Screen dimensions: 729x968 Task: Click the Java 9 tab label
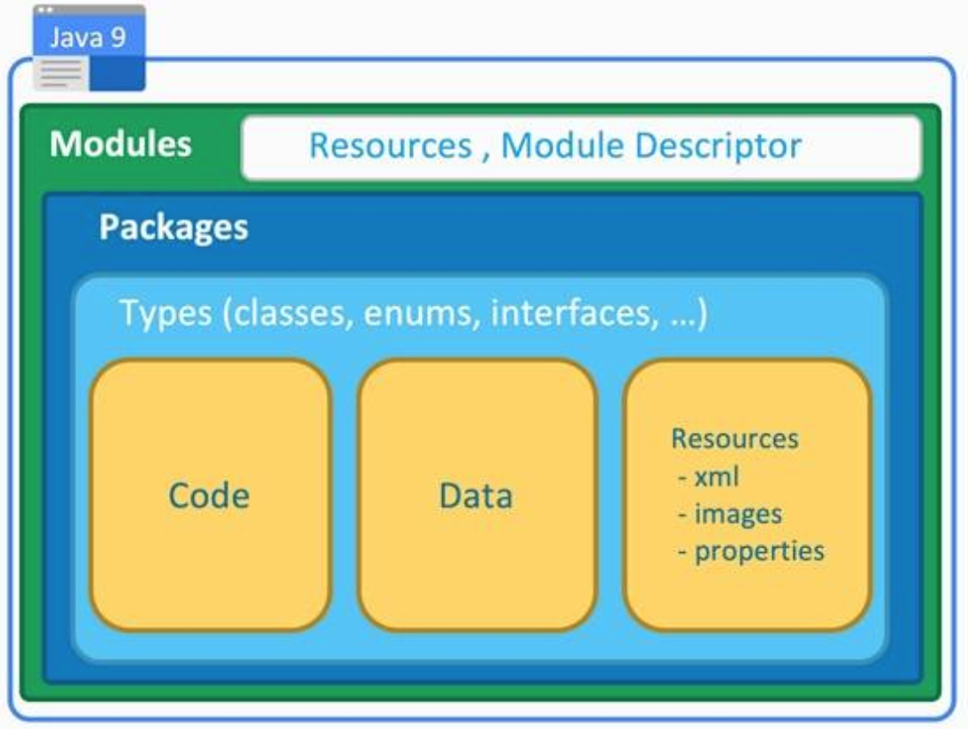pos(88,36)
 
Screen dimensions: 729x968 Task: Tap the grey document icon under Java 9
pos(60,74)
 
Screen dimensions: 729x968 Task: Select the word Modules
pos(120,144)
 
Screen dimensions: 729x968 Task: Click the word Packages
pos(173,228)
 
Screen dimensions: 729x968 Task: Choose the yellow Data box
pos(477,551)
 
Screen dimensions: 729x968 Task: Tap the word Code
pos(209,495)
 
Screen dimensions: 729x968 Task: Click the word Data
pos(476,495)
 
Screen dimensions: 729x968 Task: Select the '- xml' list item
pos(708,477)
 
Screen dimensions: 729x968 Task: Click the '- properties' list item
pos(751,551)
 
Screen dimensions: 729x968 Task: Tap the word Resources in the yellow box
pos(735,438)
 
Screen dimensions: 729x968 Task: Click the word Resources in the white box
pos(390,146)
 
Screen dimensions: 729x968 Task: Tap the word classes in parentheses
pos(287,313)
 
